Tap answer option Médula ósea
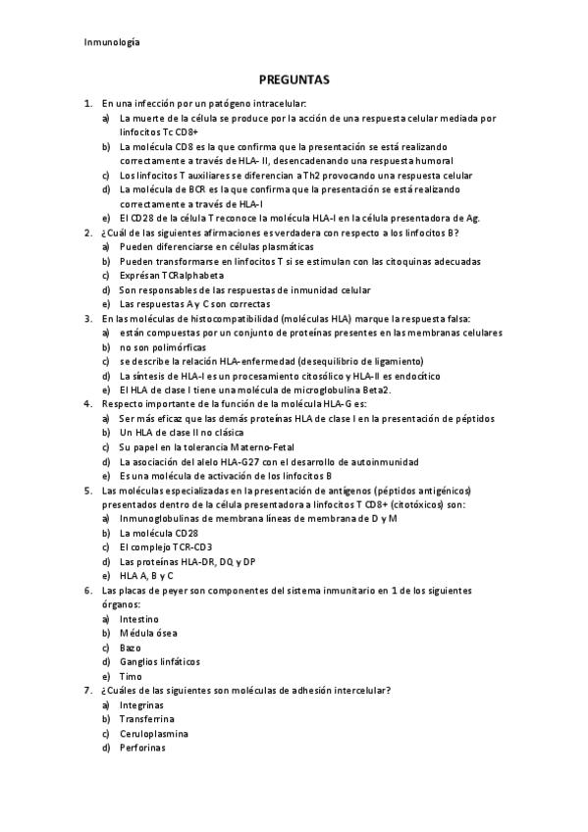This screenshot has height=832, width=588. click(x=147, y=634)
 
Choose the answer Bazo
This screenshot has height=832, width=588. click(x=130, y=648)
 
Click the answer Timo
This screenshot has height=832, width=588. click(x=130, y=676)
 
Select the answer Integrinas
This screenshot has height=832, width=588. click(x=141, y=704)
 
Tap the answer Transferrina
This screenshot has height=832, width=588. click(x=147, y=719)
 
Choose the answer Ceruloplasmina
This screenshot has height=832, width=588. click(x=153, y=733)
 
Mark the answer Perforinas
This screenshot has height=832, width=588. click(x=142, y=748)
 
